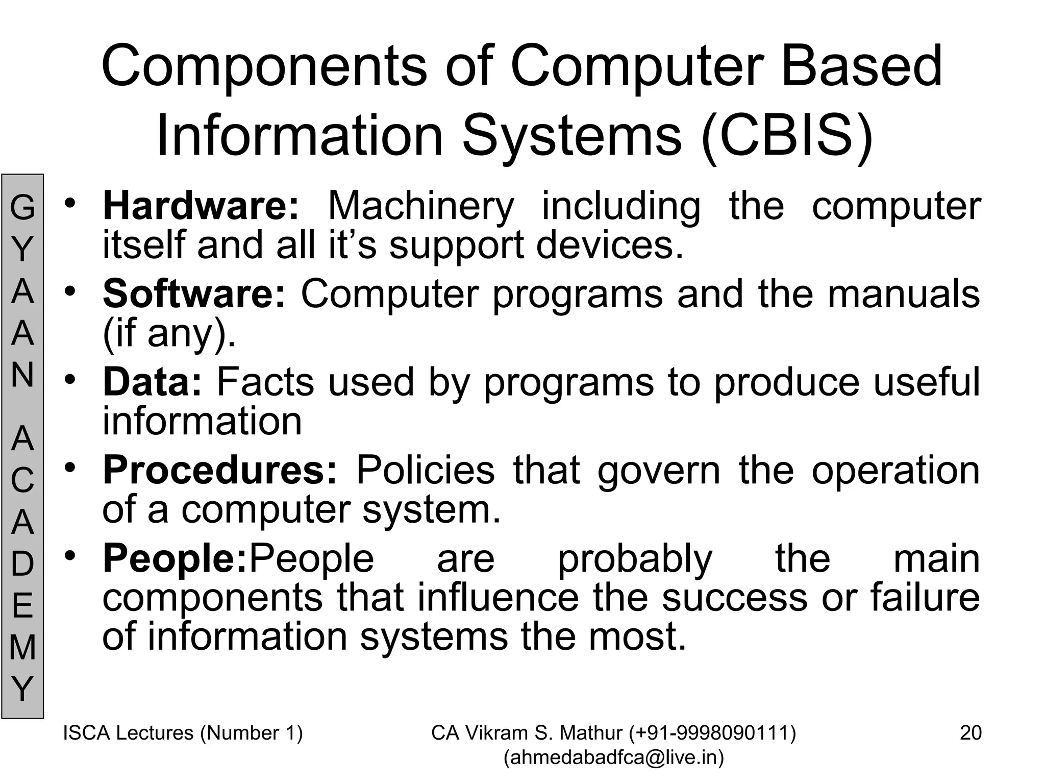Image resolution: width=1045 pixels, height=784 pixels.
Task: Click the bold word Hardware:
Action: click(201, 206)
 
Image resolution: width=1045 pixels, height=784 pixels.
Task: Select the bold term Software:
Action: click(194, 294)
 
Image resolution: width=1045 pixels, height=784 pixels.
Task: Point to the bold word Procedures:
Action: click(220, 470)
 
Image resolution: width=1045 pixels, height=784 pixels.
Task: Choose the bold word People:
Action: click(175, 558)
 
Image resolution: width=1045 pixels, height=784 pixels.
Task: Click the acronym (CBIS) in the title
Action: click(787, 136)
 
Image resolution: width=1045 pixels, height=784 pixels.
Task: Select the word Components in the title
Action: click(264, 66)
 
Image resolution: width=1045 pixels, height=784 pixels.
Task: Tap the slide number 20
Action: click(971, 733)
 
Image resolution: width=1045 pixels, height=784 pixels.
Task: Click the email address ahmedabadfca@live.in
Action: click(614, 757)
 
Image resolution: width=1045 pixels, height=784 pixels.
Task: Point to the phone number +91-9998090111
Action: click(712, 733)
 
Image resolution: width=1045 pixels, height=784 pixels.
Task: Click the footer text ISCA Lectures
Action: click(128, 733)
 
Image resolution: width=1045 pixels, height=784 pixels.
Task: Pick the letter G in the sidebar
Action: click(22, 208)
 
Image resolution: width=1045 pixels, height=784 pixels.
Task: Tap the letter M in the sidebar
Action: click(22, 647)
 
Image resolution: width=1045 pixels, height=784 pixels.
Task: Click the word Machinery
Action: click(421, 207)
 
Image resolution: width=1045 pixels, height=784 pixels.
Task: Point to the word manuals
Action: click(903, 294)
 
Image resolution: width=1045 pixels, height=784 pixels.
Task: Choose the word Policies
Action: click(425, 470)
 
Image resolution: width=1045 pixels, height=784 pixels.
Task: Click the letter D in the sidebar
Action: click(22, 564)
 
